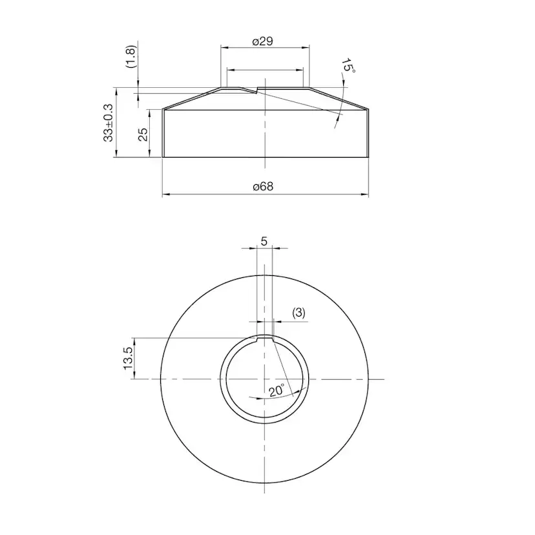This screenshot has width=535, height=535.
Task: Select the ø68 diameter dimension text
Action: pyautogui.click(x=263, y=187)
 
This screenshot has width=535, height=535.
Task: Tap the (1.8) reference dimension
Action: pyautogui.click(x=131, y=57)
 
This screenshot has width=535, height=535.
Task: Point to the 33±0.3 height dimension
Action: pyautogui.click(x=108, y=123)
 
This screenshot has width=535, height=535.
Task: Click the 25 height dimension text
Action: pyautogui.click(x=143, y=134)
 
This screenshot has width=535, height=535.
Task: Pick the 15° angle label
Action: pyautogui.click(x=348, y=66)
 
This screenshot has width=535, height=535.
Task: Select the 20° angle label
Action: pyautogui.click(x=277, y=390)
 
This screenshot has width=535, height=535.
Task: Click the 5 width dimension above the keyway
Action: pyautogui.click(x=264, y=241)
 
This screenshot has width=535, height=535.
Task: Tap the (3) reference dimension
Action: pyautogui.click(x=299, y=313)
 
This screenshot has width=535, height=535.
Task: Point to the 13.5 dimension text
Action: pyautogui.click(x=127, y=357)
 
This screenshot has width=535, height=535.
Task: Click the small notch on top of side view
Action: pyautogui.click(x=258, y=90)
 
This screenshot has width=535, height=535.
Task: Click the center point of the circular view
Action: pyautogui.click(x=264, y=379)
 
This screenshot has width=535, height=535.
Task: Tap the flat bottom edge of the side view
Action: pyautogui.click(x=264, y=157)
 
